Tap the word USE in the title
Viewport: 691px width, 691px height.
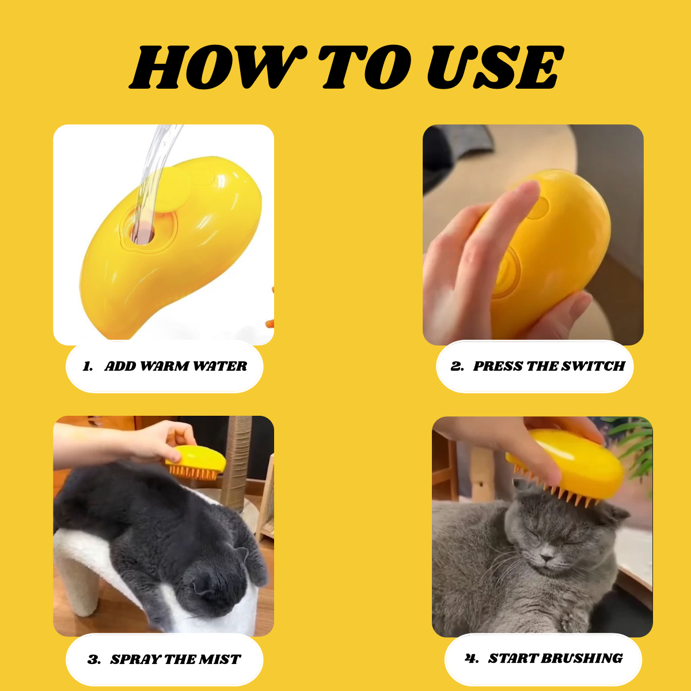click(x=495, y=68)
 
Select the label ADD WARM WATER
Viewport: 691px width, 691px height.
click(x=176, y=366)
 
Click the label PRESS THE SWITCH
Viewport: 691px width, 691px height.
click(x=549, y=366)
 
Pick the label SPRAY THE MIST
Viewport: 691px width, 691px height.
click(x=175, y=659)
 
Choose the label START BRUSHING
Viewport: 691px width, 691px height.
click(x=555, y=658)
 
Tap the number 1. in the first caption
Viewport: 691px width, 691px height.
click(x=88, y=367)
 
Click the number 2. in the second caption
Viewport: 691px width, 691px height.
click(x=457, y=366)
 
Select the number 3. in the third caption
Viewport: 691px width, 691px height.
click(x=94, y=660)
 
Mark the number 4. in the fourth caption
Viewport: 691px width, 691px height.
click(x=472, y=658)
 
